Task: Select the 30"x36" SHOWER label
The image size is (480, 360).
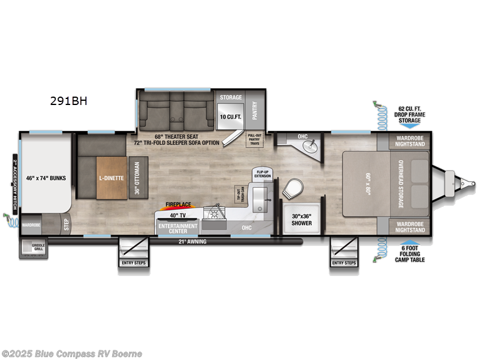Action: click(302, 220)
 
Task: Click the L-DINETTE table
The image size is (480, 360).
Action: click(112, 178)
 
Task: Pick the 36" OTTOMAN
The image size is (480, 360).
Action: click(137, 178)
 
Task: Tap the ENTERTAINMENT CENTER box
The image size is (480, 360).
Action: click(177, 227)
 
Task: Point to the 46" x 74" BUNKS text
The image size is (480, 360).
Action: click(45, 178)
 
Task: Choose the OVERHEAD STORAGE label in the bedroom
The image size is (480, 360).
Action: click(400, 184)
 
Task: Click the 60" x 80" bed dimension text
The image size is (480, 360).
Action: click(368, 184)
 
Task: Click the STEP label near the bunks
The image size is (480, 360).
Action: click(67, 224)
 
